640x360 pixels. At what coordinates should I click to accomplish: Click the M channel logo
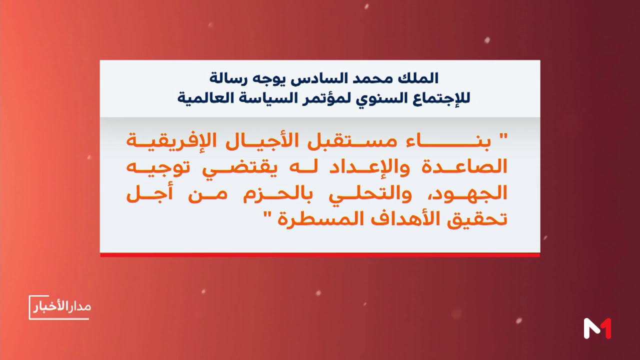[x=597, y=328]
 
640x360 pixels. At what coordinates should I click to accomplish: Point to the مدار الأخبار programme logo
[x=59, y=307]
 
